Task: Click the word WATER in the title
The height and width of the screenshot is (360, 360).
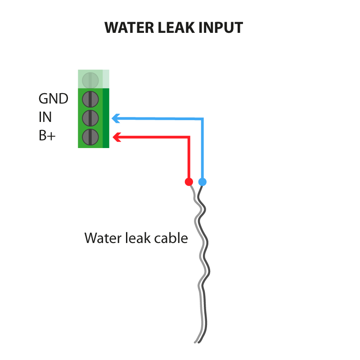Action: pos(129,28)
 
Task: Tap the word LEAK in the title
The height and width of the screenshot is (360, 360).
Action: pos(176,28)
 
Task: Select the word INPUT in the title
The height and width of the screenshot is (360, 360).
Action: pos(221,28)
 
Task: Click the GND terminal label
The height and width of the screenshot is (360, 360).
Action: pos(53,99)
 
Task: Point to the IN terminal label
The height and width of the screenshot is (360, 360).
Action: pos(45,117)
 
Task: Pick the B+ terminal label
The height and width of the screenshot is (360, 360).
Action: pos(47,135)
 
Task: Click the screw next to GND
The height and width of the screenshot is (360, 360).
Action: pos(90,99)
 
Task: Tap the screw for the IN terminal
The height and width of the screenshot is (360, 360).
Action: pos(90,118)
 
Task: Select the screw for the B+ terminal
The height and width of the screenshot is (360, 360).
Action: pos(90,137)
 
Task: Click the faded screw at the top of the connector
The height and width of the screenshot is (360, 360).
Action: pos(90,81)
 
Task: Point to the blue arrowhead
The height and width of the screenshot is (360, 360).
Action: pos(116,118)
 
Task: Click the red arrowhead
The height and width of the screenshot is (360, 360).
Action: pos(117,137)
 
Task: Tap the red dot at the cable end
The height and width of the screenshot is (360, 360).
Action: pos(189,182)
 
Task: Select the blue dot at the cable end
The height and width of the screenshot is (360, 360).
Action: pos(202,182)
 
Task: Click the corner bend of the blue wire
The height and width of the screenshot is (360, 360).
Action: pos(202,119)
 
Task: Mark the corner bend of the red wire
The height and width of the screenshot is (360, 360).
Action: pos(189,137)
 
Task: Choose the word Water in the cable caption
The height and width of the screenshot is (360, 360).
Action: pos(103,238)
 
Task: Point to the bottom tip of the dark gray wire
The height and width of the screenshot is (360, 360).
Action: pos(198,343)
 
